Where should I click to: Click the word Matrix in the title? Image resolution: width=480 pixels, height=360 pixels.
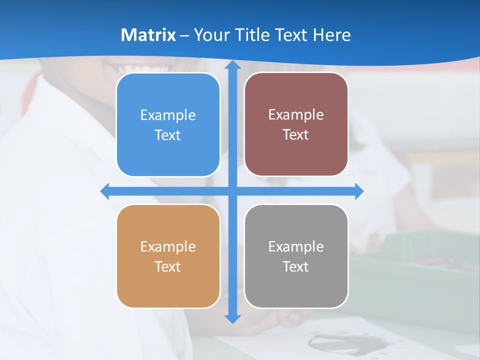click(148, 35)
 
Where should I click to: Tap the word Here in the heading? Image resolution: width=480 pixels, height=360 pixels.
click(331, 35)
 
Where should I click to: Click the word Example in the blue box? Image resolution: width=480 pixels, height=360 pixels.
click(168, 115)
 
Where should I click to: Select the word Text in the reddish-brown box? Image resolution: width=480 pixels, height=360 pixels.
click(296, 135)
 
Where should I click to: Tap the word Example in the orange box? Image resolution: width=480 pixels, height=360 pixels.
click(168, 247)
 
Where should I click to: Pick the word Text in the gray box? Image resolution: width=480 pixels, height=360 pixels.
click(296, 267)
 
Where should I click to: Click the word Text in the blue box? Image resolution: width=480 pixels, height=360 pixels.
click(168, 135)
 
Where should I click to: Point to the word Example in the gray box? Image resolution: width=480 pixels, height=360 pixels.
click(296, 247)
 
